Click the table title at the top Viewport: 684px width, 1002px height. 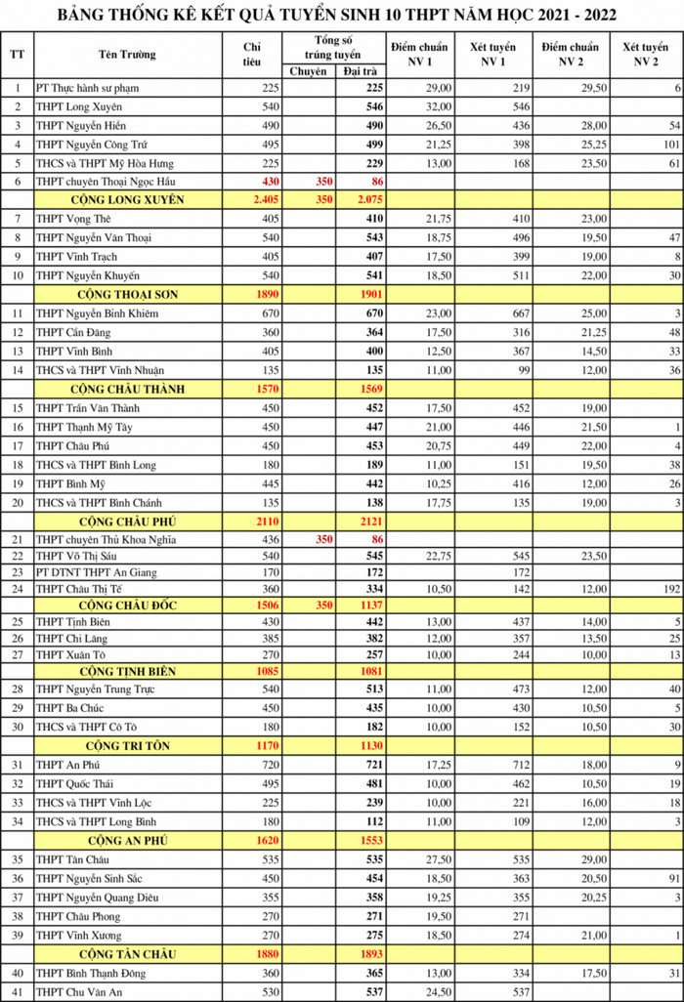(341, 16)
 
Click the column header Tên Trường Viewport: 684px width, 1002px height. (126, 54)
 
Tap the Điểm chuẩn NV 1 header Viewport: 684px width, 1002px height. (416, 54)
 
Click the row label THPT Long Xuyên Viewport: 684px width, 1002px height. (79, 106)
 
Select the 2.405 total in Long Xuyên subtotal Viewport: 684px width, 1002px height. (260, 199)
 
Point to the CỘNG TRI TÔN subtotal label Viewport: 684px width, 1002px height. (128, 745)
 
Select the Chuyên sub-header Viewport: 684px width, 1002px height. (308, 72)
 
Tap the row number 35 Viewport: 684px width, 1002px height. (17, 859)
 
